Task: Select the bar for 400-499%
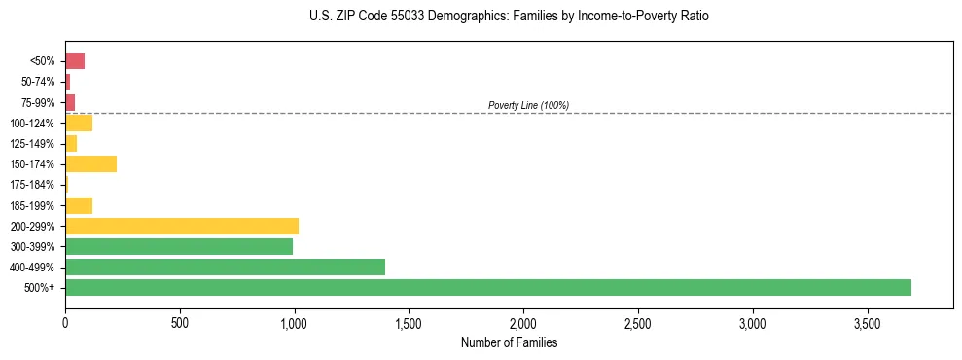tap(225, 267)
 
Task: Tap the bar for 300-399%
tap(179, 246)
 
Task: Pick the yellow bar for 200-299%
tap(182, 226)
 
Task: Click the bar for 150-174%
tap(90, 163)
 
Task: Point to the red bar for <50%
tap(75, 61)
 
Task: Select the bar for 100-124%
tap(79, 123)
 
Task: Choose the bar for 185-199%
tap(79, 205)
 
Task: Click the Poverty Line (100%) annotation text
tap(528, 105)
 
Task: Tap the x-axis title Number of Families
tap(509, 342)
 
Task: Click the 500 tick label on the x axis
tap(180, 321)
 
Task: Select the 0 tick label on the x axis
tap(65, 321)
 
